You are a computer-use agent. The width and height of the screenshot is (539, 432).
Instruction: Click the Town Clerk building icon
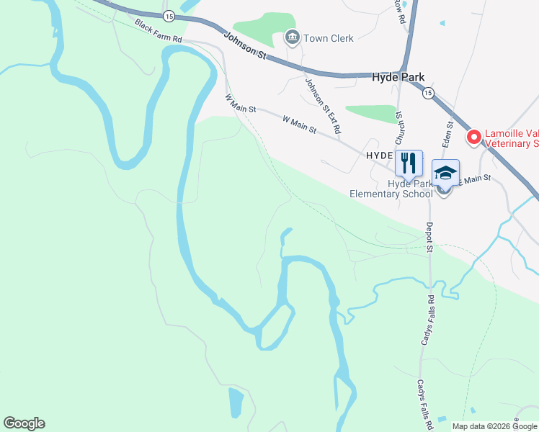tap(292, 37)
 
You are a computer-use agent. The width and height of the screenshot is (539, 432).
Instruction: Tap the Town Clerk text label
tap(329, 38)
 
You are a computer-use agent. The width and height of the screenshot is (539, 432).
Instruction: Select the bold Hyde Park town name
tap(398, 77)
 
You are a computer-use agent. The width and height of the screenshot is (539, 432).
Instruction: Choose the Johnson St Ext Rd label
tap(323, 107)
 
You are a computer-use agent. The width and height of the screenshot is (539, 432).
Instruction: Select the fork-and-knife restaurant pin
tap(409, 163)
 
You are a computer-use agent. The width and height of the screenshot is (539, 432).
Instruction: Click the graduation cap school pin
tap(445, 174)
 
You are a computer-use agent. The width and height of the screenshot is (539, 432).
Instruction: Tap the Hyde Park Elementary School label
tap(391, 189)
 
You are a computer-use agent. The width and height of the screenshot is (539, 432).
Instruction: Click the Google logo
tap(24, 423)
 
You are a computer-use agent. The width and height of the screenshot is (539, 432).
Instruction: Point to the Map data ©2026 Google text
tap(495, 426)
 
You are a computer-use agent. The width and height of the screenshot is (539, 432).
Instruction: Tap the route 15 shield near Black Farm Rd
tap(168, 15)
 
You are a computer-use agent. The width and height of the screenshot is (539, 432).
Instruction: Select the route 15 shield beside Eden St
tap(428, 93)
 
